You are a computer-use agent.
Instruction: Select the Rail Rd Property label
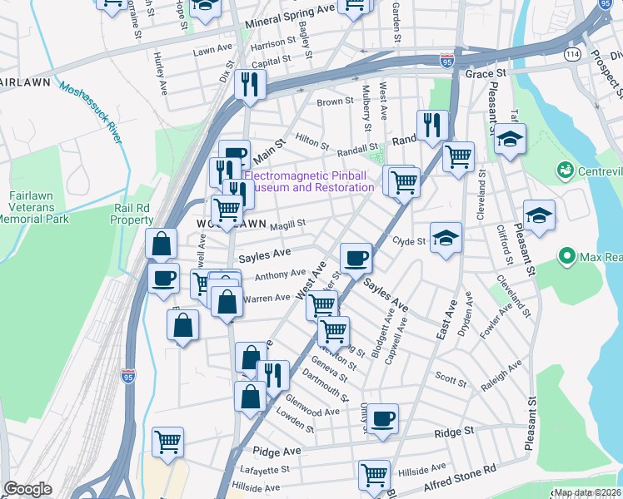click(132, 214)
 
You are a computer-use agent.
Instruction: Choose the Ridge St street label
click(456, 432)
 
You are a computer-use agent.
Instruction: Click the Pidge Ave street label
click(277, 450)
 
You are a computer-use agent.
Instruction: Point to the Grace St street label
click(481, 74)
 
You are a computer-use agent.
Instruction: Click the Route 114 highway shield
click(572, 54)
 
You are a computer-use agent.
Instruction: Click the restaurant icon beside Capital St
click(250, 84)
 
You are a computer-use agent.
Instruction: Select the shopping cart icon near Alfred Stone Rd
click(374, 475)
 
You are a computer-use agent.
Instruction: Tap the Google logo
click(28, 489)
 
